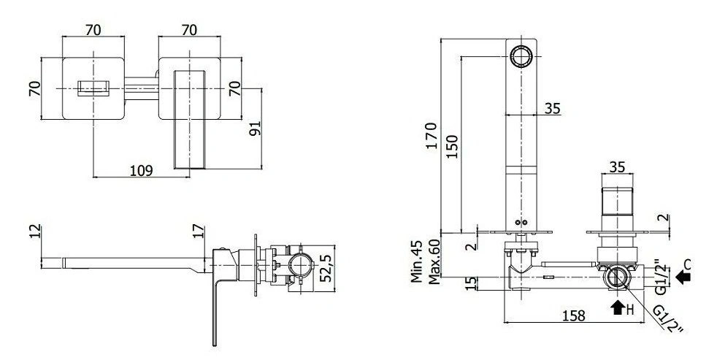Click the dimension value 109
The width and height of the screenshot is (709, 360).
(x=142, y=170)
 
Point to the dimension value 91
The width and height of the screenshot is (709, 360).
(x=255, y=129)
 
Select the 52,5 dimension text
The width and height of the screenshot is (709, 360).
(x=325, y=268)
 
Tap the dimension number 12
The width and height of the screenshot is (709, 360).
(x=36, y=231)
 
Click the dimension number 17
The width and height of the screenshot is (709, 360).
(x=199, y=231)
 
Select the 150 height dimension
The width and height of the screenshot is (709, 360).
(x=452, y=146)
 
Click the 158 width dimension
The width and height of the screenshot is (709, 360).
(x=573, y=315)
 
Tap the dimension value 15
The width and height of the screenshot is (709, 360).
(x=471, y=283)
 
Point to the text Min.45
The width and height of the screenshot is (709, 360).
(x=417, y=261)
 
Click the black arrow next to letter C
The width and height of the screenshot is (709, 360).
(x=683, y=276)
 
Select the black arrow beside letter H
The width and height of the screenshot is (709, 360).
(x=617, y=307)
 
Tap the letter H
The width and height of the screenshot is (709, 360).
(x=630, y=310)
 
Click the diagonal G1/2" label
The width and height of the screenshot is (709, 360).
(x=667, y=319)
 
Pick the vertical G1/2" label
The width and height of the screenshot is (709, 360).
(x=661, y=277)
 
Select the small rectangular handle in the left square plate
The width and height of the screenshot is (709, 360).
(x=93, y=88)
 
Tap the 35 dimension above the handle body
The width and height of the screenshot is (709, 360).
(x=617, y=167)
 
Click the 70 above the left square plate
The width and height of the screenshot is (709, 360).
(x=93, y=30)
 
